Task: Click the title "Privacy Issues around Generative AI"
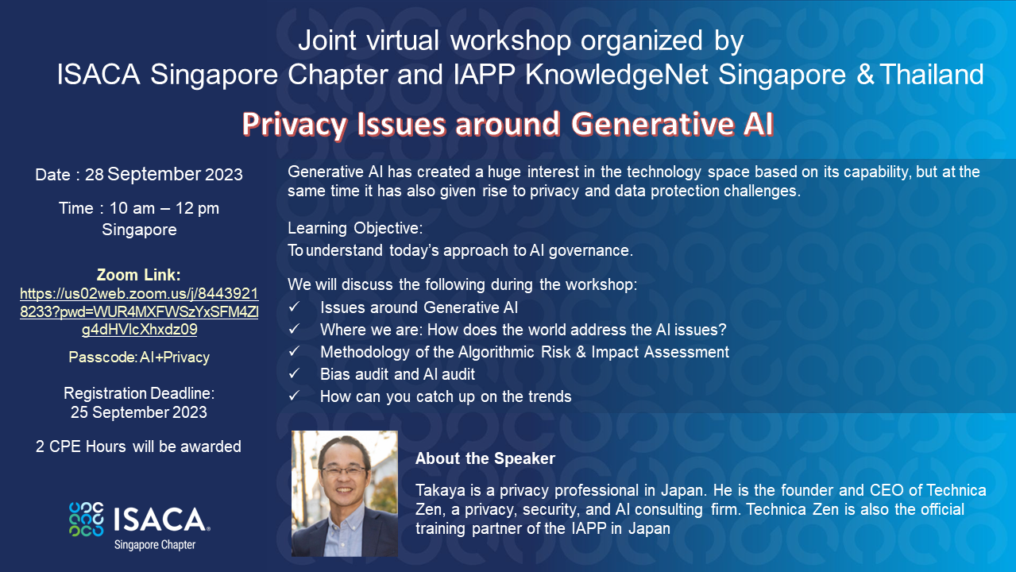pos(507,124)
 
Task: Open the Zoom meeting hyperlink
pos(139,311)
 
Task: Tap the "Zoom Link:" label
pos(139,276)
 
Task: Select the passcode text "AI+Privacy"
pos(175,357)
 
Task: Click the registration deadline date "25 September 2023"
pos(139,412)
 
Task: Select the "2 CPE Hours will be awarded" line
pos(139,446)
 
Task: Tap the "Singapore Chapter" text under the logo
pos(155,545)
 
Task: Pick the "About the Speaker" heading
pos(485,458)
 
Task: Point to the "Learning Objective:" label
pos(355,228)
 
